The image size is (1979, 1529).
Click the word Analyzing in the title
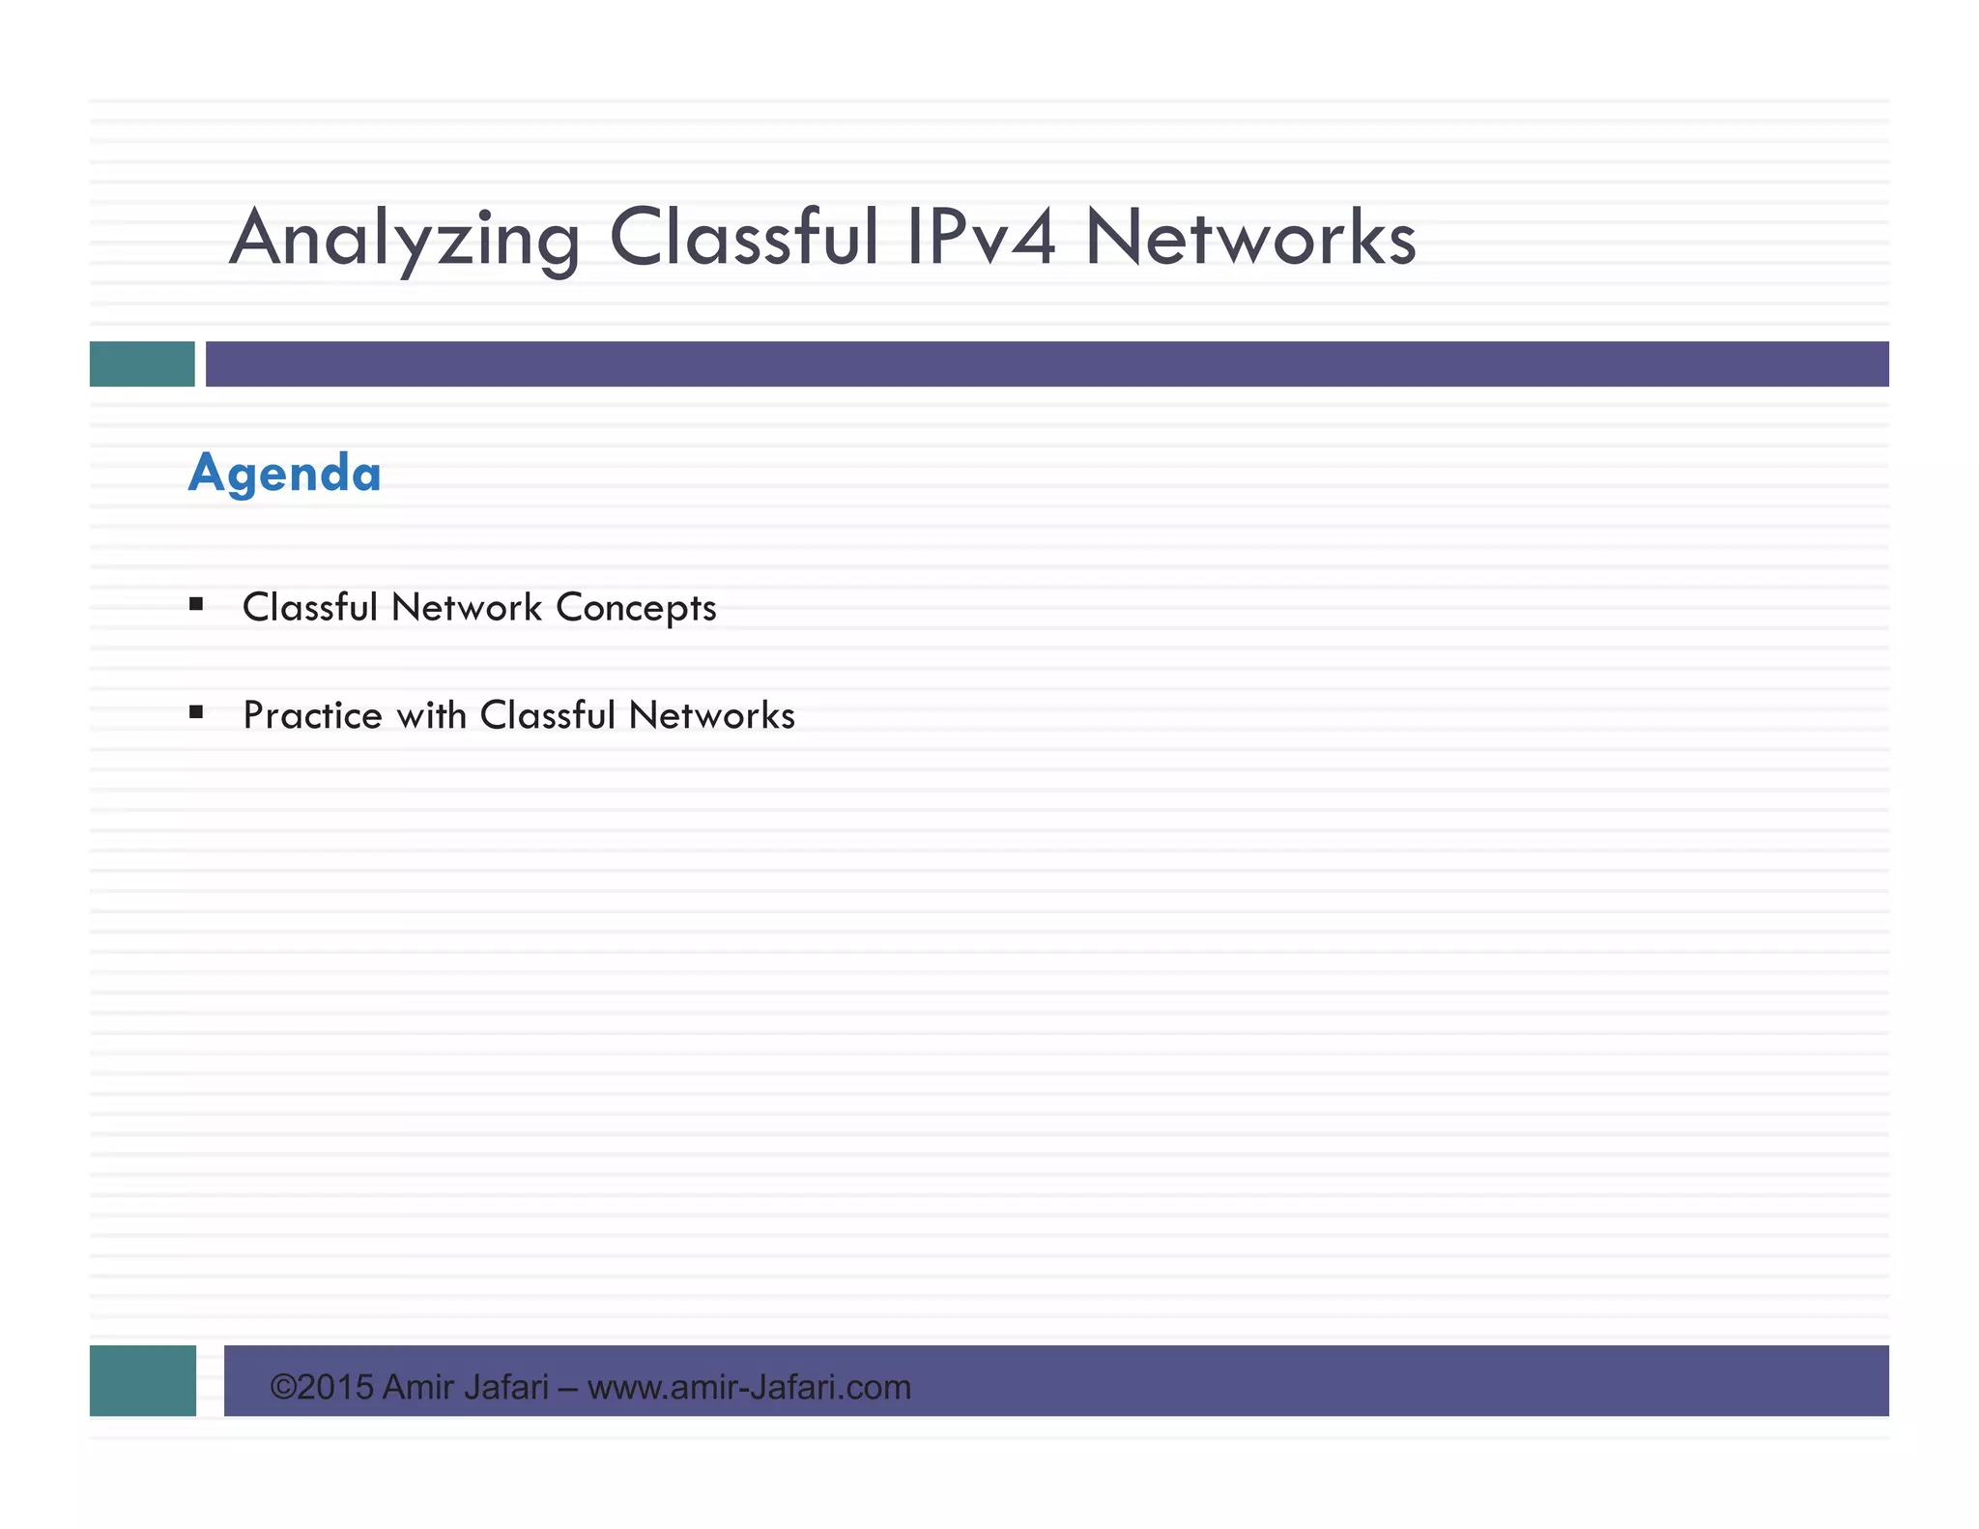coord(405,239)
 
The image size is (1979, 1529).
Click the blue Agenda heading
coord(285,474)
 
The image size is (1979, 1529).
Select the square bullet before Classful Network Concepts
coord(196,605)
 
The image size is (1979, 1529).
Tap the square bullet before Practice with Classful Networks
coord(196,713)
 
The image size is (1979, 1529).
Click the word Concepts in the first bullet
coord(636,608)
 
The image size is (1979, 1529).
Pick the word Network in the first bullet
coord(467,608)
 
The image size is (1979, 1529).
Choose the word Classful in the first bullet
coord(309,608)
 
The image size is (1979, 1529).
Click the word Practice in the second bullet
coord(312,716)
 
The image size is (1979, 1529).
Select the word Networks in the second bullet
coord(712,716)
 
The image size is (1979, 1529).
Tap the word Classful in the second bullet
coord(548,716)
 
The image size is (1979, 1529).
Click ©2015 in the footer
coord(322,1387)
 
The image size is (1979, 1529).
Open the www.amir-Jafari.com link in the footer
coord(749,1387)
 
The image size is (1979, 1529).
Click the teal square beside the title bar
coord(142,364)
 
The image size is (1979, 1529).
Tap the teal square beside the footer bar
coord(143,1380)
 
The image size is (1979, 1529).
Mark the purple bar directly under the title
coord(1047,364)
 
